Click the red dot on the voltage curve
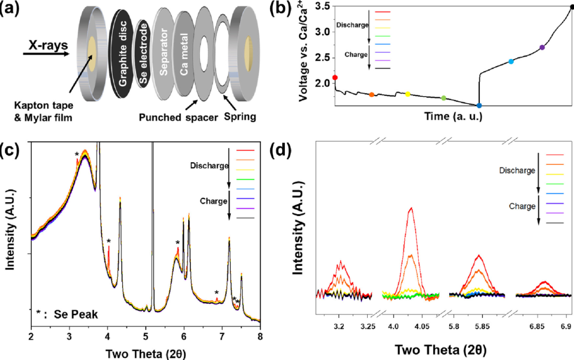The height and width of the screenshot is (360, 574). pos(335,78)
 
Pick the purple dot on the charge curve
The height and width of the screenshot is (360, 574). pos(542,47)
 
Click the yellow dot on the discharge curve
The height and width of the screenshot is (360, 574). pos(408,94)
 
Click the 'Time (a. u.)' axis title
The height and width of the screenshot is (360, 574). pos(453,116)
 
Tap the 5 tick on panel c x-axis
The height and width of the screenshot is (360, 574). pos(146,336)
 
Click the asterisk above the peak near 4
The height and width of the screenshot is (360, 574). pos(108,241)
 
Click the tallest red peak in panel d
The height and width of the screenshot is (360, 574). pos(410,208)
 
